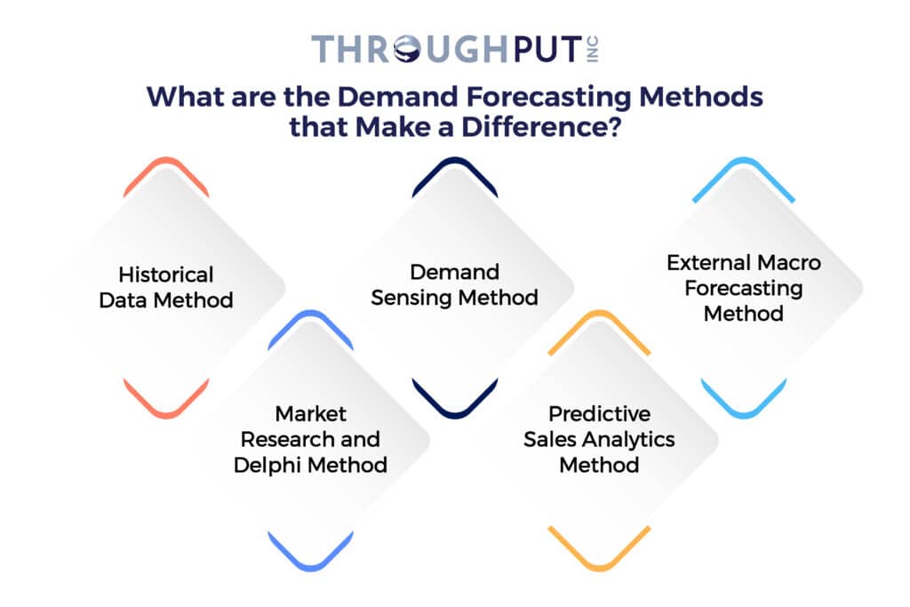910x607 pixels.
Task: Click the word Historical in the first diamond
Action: [x=166, y=276]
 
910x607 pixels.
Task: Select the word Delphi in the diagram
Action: [x=267, y=464]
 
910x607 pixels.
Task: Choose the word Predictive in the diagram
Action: [x=599, y=414]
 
